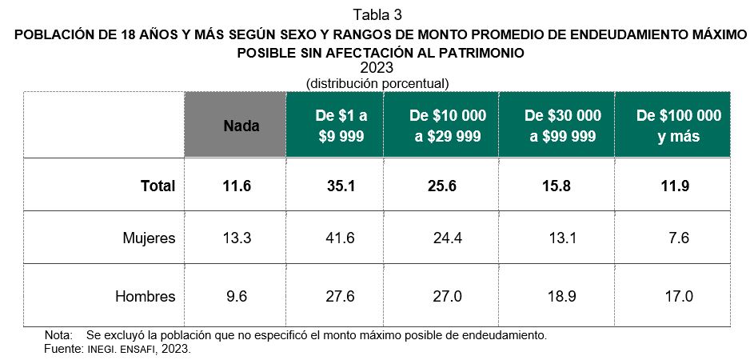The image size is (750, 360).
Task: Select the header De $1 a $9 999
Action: pyautogui.click(x=335, y=126)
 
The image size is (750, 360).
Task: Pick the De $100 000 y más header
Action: pyautogui.click(x=678, y=126)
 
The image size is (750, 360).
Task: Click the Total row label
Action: pyautogui.click(x=158, y=186)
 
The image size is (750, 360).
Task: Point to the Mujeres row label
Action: pyautogui.click(x=149, y=238)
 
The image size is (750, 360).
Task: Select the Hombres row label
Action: pyautogui.click(x=145, y=297)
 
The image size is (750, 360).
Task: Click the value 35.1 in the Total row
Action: pyautogui.click(x=335, y=186)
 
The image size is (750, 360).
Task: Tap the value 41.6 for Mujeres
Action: pyautogui.click(x=335, y=238)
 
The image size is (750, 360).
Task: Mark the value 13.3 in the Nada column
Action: pyautogui.click(x=237, y=238)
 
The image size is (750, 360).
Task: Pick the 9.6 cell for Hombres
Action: pyautogui.click(x=237, y=297)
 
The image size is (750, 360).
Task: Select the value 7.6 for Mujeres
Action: pyautogui.click(x=678, y=238)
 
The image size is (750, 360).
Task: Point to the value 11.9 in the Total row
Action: pyautogui.click(x=678, y=186)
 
